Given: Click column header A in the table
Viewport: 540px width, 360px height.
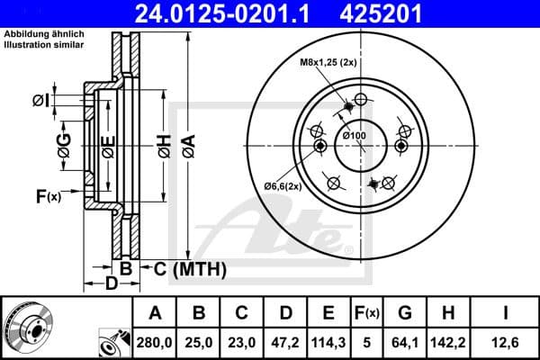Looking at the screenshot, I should click(x=156, y=313).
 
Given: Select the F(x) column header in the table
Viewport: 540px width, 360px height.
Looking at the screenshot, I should click(x=367, y=313).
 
